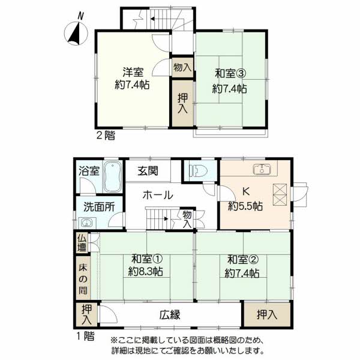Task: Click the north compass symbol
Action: point(76,33)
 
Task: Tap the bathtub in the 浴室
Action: point(112,177)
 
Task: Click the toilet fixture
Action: point(199,170)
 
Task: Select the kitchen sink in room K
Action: point(262,170)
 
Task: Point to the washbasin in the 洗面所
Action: point(86,222)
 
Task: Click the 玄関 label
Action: point(148,171)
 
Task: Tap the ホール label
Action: point(157,195)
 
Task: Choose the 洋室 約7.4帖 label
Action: point(133,78)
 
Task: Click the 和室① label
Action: point(147,259)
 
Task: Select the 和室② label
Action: point(243,260)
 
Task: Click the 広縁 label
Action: point(170,314)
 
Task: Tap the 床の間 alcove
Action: point(83,279)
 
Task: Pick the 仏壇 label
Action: point(82,243)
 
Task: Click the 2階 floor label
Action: point(106,136)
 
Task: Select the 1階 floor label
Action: point(85,337)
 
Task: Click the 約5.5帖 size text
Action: point(245,206)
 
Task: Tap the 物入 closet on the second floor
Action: point(182,67)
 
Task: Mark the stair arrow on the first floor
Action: point(158,218)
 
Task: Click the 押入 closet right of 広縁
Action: point(267,314)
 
